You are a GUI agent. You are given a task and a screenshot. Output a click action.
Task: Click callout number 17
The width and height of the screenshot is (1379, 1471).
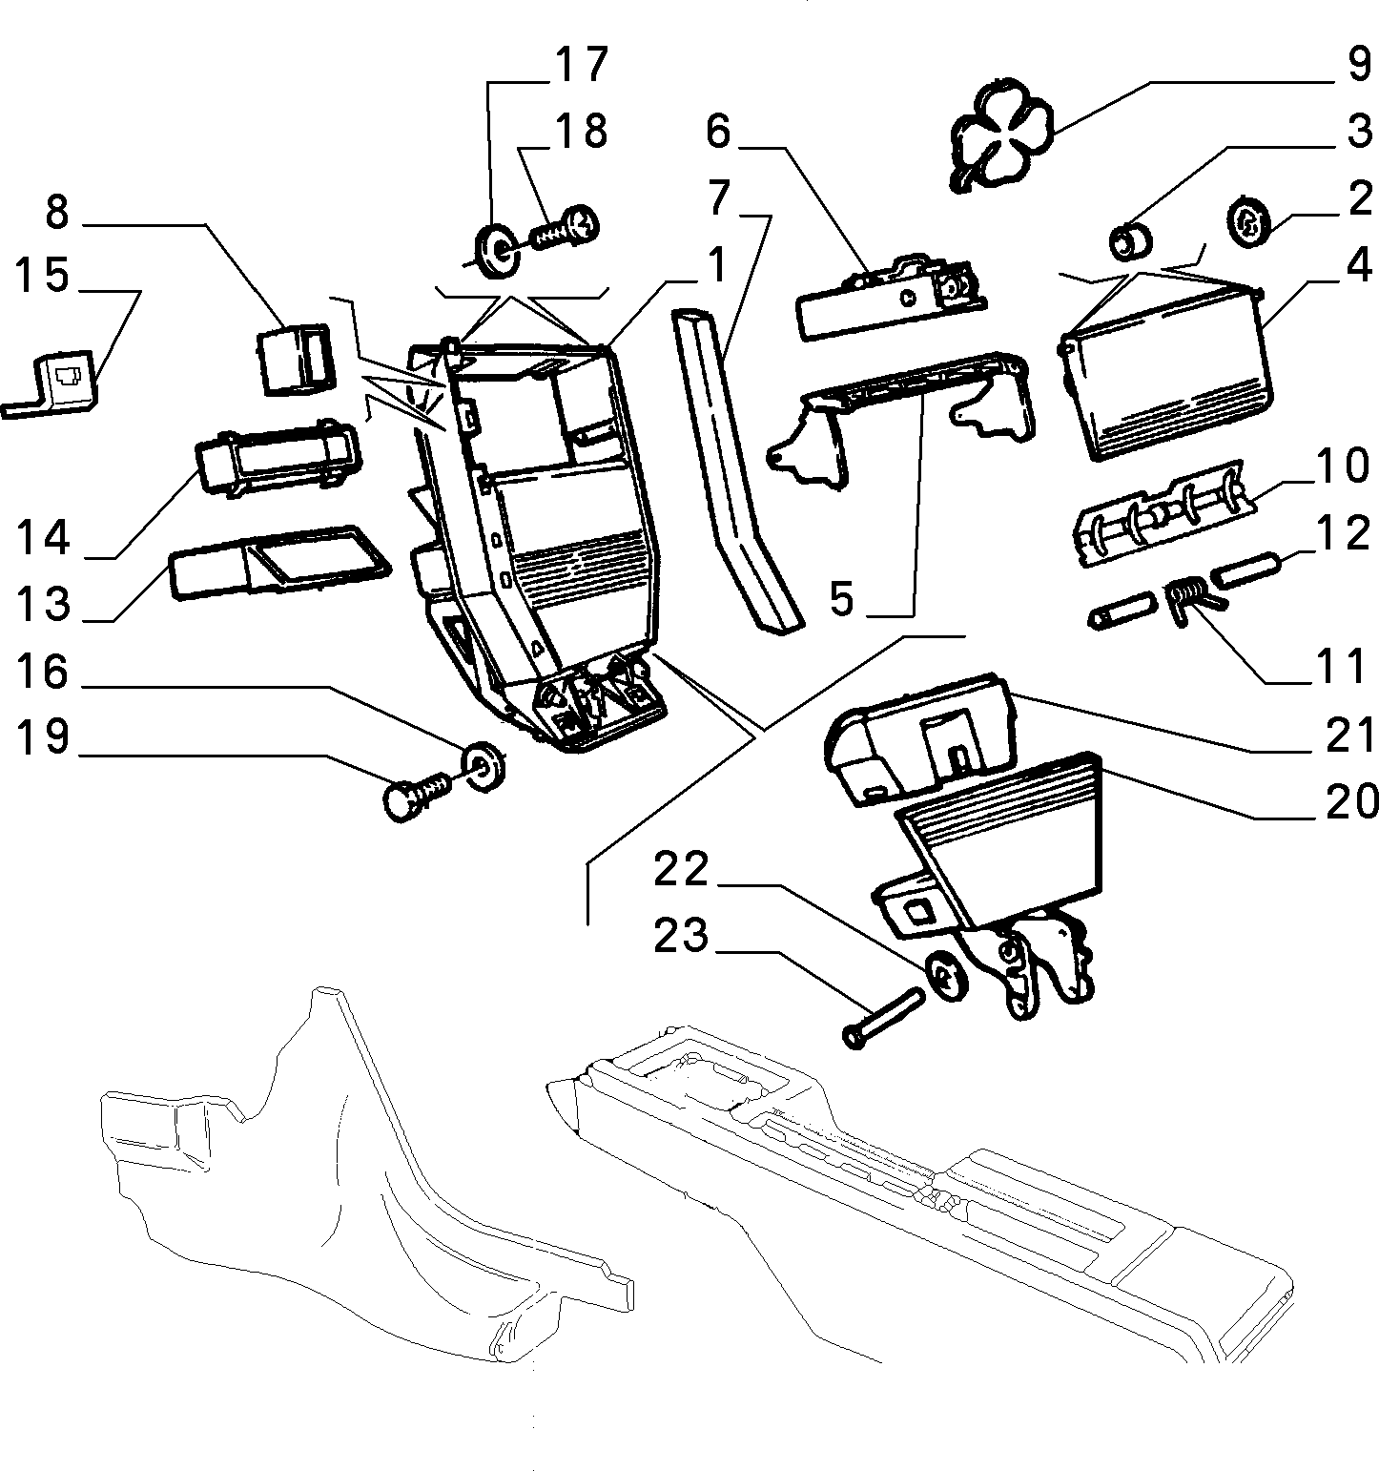pos(580,64)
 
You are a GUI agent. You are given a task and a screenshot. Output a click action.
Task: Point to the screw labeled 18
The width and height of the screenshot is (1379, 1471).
pos(563,229)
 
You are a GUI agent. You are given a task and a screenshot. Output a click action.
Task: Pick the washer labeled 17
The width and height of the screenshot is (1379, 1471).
pos(497,250)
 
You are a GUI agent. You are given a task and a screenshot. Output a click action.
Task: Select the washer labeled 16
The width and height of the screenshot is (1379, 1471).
pos(485,763)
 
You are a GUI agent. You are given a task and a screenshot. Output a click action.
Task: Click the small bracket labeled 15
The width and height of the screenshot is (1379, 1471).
pos(52,383)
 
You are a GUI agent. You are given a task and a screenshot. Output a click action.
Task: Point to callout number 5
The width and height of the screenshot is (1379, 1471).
pos(841,598)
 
